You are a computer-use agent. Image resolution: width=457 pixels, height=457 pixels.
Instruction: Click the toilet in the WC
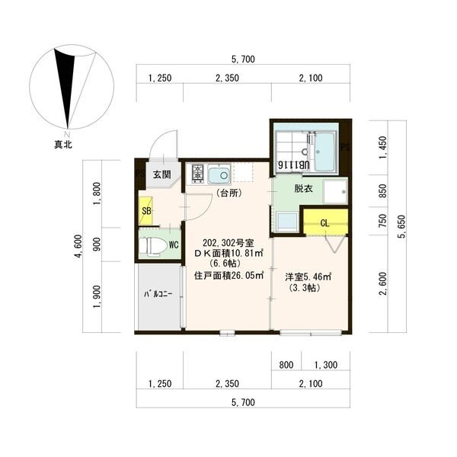click(150, 247)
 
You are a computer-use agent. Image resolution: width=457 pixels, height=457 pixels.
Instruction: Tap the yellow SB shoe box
click(145, 210)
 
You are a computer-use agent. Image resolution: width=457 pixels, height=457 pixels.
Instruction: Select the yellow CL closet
click(325, 222)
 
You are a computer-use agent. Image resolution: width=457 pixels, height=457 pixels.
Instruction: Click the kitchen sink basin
click(219, 174)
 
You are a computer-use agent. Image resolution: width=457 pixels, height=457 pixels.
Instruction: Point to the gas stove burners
click(198, 174)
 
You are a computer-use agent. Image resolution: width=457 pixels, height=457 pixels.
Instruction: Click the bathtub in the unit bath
click(324, 152)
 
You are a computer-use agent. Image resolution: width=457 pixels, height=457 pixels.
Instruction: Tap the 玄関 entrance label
click(162, 174)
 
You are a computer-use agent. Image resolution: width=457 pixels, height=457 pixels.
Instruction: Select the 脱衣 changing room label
click(303, 189)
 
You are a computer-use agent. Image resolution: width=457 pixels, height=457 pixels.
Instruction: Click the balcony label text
click(158, 294)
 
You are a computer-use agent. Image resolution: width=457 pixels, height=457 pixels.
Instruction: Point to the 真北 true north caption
click(63, 145)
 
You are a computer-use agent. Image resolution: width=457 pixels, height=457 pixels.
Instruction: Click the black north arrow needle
click(66, 88)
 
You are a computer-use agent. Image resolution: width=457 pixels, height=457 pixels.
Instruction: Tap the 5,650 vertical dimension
click(402, 227)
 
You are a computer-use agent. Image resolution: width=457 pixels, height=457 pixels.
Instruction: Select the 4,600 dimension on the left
click(78, 246)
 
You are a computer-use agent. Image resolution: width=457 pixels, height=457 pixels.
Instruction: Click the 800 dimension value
click(286, 365)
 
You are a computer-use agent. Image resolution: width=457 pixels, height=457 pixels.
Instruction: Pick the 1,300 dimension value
click(326, 365)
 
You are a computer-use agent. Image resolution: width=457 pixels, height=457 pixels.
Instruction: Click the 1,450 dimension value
click(383, 148)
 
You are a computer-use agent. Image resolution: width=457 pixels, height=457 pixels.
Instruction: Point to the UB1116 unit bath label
click(294, 165)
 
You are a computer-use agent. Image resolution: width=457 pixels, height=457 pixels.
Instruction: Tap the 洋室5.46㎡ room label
click(308, 276)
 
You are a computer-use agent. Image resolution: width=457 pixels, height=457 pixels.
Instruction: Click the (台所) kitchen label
click(229, 193)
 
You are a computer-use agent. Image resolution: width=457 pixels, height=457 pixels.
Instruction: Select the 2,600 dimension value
click(383, 284)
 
